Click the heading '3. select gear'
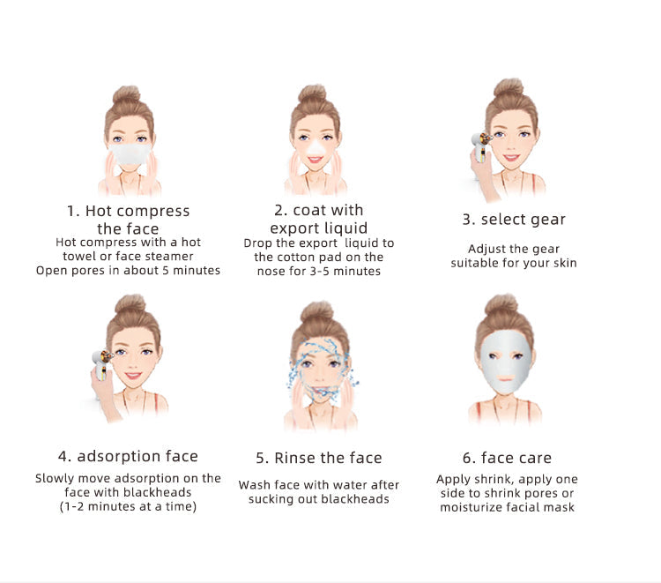pos(514,220)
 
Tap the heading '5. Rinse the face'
pos(319,458)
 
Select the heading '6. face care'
pos(507,458)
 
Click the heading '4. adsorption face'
pos(128,456)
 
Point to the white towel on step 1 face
pos(130,154)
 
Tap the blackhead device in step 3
pos(480,147)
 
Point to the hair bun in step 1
pos(126,94)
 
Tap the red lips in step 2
pos(315,160)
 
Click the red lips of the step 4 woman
pos(133,376)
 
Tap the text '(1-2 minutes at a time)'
pos(128,506)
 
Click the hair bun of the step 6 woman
pos(501,305)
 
